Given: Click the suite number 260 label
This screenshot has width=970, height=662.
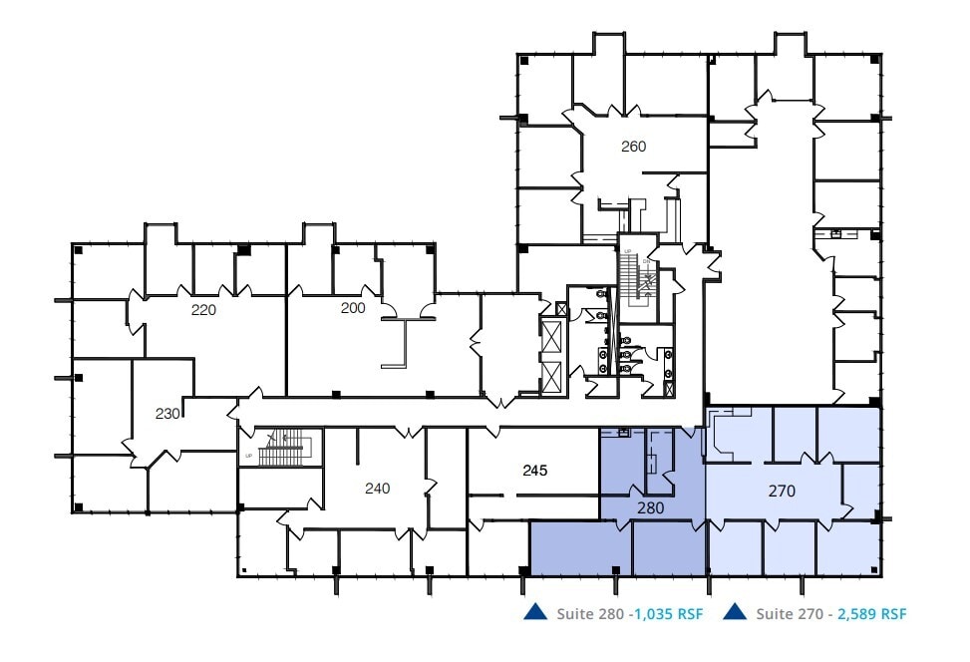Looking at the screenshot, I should pos(633,147).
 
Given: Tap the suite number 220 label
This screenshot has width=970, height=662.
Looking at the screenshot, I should pos(203,309).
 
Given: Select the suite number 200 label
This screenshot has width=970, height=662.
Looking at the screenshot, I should pos(353,308).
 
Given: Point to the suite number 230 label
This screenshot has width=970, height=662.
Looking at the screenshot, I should pos(167,413).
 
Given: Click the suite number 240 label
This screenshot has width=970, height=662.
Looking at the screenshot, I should pos(377,489).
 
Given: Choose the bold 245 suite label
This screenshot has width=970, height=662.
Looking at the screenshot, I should pos(536,469).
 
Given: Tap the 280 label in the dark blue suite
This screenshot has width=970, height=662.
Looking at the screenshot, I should pos(651,507).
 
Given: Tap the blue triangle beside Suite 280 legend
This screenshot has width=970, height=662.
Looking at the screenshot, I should pos(534,611).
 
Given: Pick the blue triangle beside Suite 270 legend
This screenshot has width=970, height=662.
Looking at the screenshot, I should pos(736,611).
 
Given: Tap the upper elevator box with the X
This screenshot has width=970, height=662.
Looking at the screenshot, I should pos(551,335).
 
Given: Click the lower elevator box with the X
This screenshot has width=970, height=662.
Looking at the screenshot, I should pos(551,376).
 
